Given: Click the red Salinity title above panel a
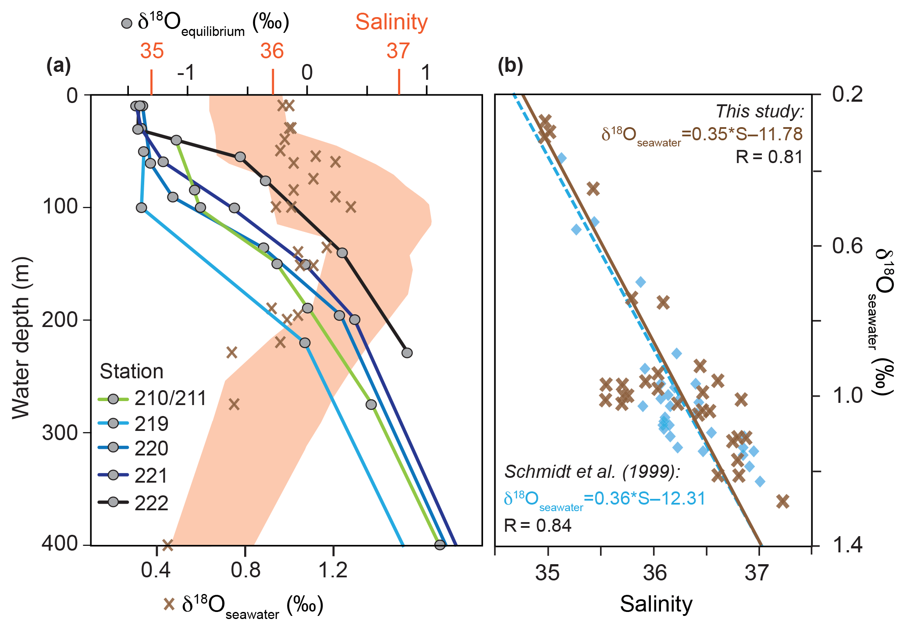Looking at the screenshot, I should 391,22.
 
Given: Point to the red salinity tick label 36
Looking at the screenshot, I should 272,51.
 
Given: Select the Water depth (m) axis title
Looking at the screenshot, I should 21,338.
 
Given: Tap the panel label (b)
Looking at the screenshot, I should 510,66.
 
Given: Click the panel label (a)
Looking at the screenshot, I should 59,66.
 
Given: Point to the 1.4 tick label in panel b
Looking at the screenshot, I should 847,545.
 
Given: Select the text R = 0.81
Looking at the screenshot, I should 769,156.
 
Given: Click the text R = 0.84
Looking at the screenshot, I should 538,525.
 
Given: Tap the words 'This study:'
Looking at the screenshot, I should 760,111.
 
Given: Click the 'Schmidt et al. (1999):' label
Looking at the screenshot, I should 592,472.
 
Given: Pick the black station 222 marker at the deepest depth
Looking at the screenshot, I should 407,353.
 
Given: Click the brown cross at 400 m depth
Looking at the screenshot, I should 167,545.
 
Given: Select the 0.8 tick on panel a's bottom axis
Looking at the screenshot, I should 245,570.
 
